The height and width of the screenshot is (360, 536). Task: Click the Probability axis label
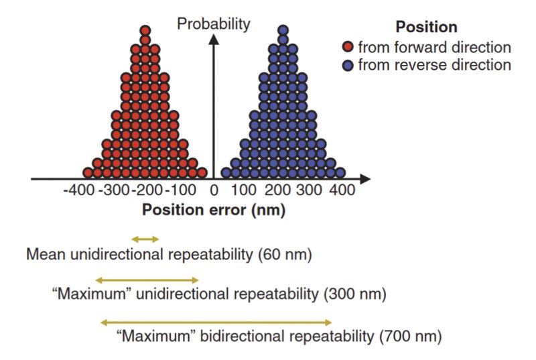[213, 24]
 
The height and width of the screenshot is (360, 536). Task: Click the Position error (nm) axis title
[214, 210]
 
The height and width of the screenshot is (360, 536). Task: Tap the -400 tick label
[79, 190]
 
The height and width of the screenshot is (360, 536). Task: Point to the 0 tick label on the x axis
[214, 190]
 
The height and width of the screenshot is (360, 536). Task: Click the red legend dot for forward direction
[348, 48]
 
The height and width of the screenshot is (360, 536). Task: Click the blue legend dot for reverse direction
[348, 65]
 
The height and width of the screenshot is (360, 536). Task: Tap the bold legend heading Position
[426, 27]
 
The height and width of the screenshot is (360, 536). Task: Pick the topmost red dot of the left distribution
[145, 30]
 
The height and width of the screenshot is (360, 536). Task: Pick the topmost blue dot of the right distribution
[283, 30]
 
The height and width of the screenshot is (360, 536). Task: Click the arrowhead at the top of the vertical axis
[214, 39]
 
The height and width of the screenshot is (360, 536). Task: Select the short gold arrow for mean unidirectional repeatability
[145, 239]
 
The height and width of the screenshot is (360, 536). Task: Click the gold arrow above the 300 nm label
[147, 280]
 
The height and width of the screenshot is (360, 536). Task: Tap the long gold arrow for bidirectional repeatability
[216, 322]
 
